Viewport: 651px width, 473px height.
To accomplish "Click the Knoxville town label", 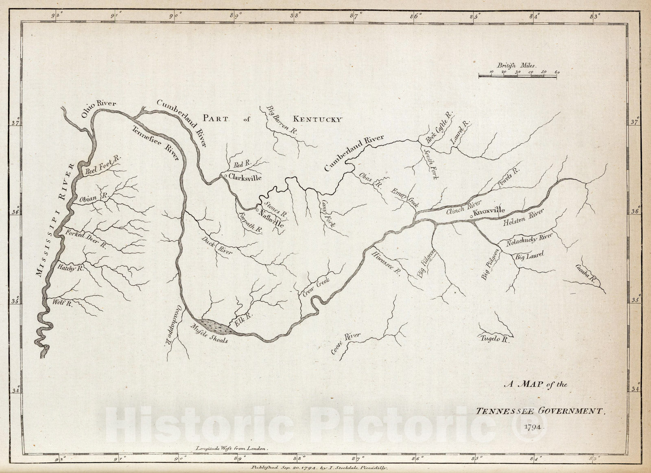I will [490, 211].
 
